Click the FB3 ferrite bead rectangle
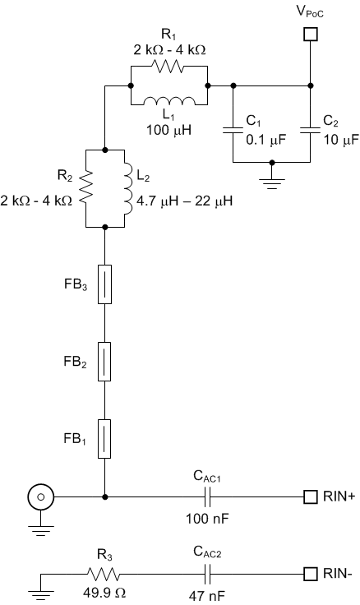click(104, 284)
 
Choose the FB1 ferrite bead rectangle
click(104, 437)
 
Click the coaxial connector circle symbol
click(39, 496)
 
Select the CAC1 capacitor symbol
click(208, 496)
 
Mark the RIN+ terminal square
click(310, 496)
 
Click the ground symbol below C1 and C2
click(272, 178)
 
